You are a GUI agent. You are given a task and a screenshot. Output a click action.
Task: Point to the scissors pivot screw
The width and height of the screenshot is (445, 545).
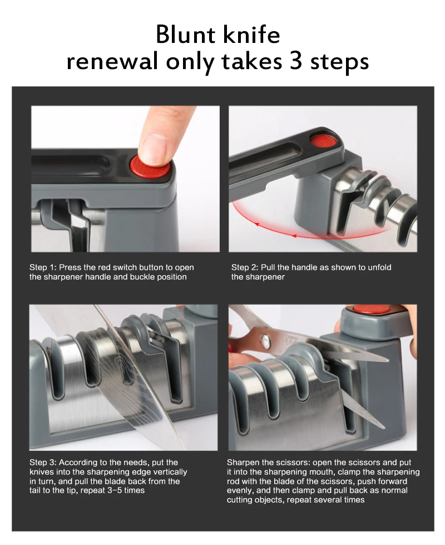click(x=266, y=341)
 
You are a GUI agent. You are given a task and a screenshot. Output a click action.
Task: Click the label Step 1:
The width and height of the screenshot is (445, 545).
click(x=43, y=267)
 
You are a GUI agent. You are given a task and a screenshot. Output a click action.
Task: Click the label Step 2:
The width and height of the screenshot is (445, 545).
click(x=245, y=267)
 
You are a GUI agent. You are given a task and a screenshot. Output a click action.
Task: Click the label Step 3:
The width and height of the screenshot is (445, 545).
click(x=43, y=463)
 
